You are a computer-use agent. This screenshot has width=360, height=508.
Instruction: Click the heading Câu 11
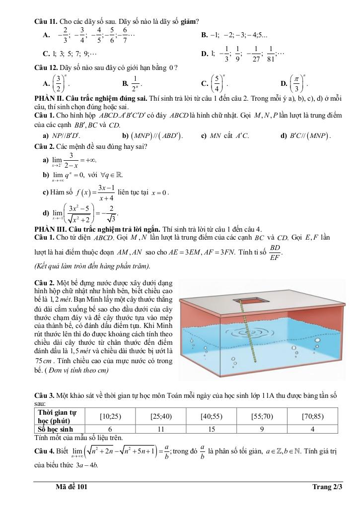tap(46, 21)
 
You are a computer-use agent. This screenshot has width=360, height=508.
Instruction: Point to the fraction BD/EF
tap(275, 252)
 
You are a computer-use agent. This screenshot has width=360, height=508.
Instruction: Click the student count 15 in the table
tap(212, 429)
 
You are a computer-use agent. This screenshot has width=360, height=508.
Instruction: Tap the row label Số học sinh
tap(56, 429)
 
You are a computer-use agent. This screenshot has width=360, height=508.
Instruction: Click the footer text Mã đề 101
tap(72, 487)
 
